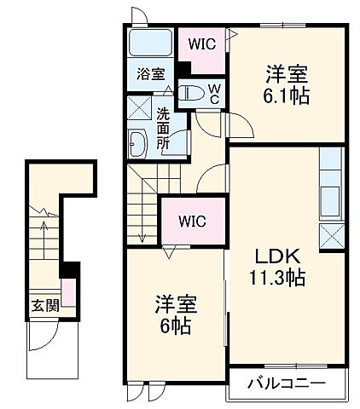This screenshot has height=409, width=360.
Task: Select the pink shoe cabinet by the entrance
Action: click(67, 294)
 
